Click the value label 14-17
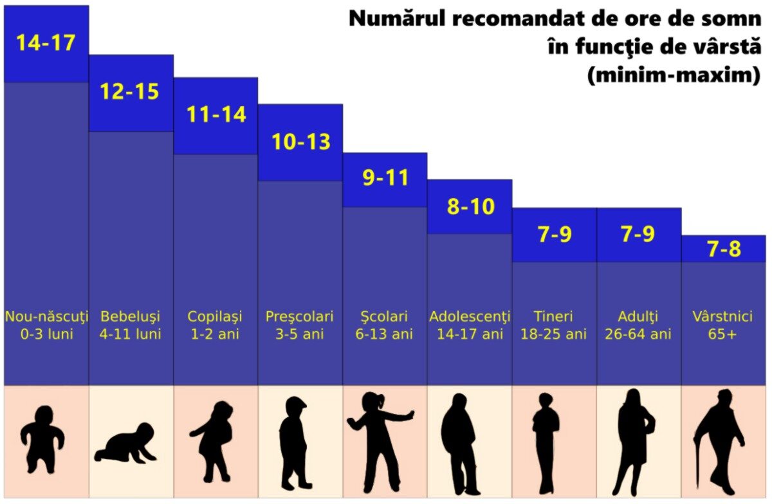(x=46, y=42)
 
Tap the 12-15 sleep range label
(x=129, y=91)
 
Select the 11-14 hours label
(x=216, y=114)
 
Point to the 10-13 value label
(x=300, y=141)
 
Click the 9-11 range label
(x=385, y=178)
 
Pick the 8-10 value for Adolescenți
(x=470, y=206)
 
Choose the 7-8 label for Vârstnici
(x=724, y=249)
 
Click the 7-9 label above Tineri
(x=555, y=235)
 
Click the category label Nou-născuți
(x=46, y=317)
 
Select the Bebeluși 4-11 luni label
(x=131, y=325)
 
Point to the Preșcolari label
(x=300, y=317)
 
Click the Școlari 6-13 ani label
(x=385, y=325)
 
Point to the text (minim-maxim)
(x=674, y=75)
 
